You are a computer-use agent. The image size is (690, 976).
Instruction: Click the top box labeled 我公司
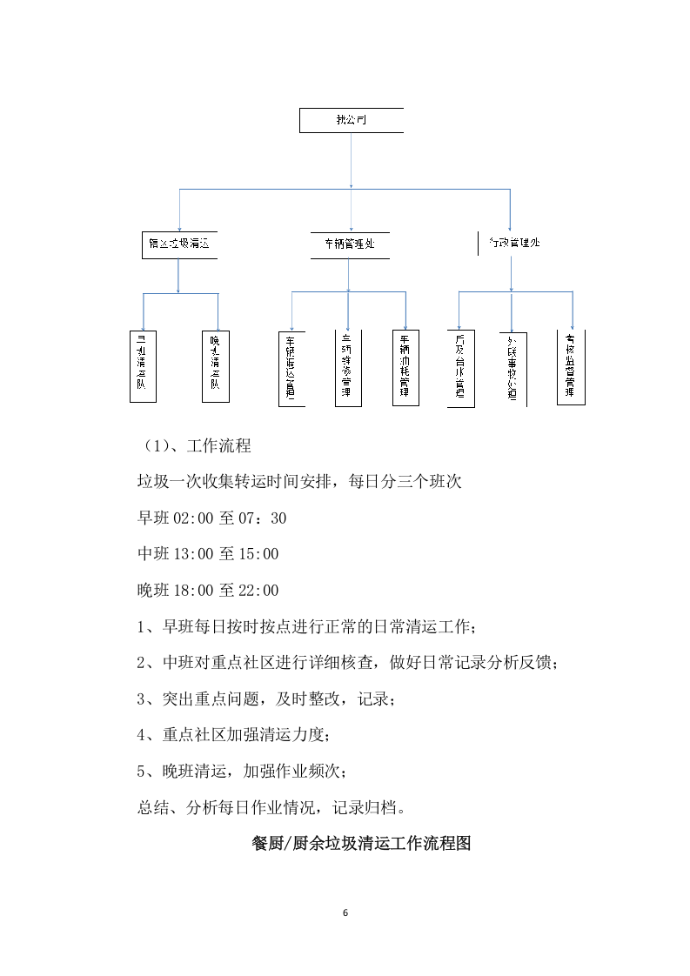[351, 120]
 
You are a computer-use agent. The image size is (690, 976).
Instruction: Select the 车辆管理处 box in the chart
[350, 244]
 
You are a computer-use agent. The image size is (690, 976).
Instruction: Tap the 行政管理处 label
[514, 244]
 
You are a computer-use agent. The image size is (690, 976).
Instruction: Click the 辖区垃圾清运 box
[178, 244]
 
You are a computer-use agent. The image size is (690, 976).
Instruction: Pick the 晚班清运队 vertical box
[215, 365]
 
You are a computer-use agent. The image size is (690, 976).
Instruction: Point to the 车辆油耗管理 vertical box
[405, 368]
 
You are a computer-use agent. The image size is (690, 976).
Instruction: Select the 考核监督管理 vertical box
[571, 367]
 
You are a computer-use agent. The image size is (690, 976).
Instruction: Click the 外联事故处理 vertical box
[512, 369]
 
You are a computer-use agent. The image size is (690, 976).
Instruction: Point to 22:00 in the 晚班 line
[258, 591]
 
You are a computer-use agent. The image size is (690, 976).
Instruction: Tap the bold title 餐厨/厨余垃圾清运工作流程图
[360, 844]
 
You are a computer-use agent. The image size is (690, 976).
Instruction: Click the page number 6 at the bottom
[345, 912]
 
